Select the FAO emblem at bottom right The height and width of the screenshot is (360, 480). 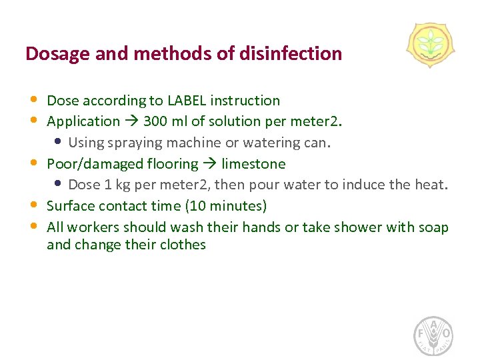[434, 335]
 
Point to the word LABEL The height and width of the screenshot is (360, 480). [187, 101]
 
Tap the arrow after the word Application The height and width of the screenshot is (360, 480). [131, 121]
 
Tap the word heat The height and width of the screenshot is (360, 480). [429, 184]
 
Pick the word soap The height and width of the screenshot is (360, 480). [433, 227]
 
